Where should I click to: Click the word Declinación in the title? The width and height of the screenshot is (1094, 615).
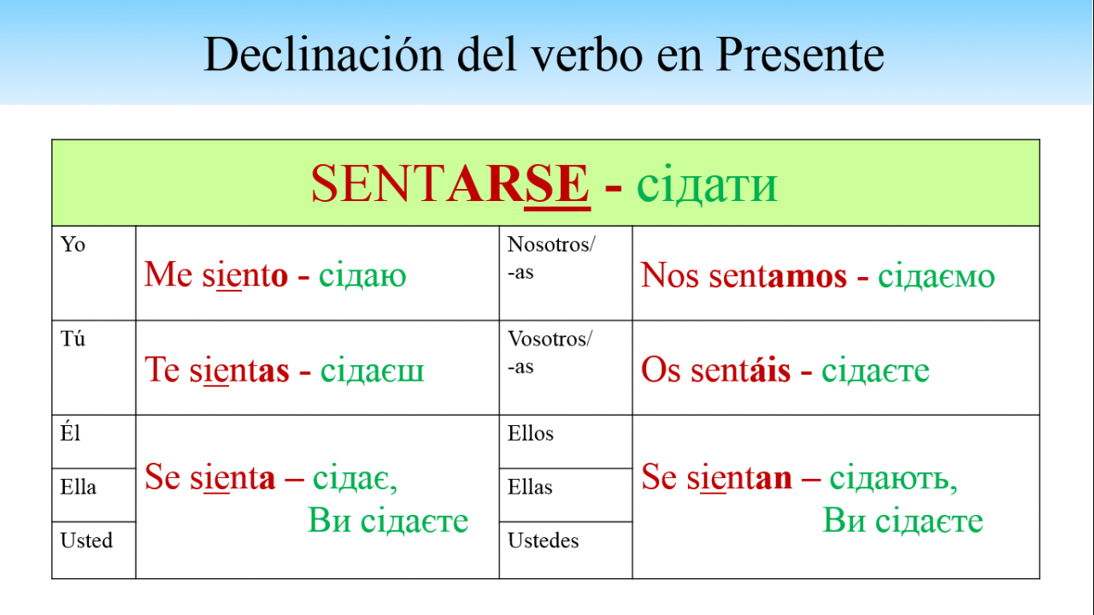click(x=323, y=54)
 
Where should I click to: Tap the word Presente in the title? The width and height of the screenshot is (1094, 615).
click(x=801, y=54)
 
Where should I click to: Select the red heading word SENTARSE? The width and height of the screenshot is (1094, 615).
click(x=450, y=183)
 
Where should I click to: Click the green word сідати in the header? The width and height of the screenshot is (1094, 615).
click(x=707, y=185)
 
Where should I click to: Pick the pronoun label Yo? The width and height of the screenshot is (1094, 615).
click(x=73, y=244)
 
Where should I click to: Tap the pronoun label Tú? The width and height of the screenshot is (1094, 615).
click(x=73, y=339)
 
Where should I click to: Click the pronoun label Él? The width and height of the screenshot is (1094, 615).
click(x=70, y=433)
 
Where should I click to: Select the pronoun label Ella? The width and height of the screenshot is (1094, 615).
click(x=78, y=487)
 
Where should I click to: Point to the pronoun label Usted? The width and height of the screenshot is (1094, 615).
click(x=86, y=541)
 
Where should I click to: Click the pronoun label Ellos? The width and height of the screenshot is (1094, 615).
click(x=531, y=433)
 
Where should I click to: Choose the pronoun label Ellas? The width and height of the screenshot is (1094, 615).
click(x=530, y=487)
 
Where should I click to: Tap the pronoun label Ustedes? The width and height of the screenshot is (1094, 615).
click(x=543, y=541)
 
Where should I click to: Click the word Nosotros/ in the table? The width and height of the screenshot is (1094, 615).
click(x=551, y=245)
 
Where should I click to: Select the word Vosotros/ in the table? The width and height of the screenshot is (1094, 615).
click(x=550, y=339)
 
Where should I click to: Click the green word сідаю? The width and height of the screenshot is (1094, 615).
click(x=362, y=275)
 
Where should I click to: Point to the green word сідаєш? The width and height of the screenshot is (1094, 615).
click(x=372, y=370)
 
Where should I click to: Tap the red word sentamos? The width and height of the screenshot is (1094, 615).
click(x=778, y=275)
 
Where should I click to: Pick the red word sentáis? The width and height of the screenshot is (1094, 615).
click(x=740, y=370)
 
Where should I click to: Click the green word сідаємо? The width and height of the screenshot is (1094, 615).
click(x=936, y=275)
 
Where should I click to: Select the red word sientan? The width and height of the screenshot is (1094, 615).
click(x=739, y=477)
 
